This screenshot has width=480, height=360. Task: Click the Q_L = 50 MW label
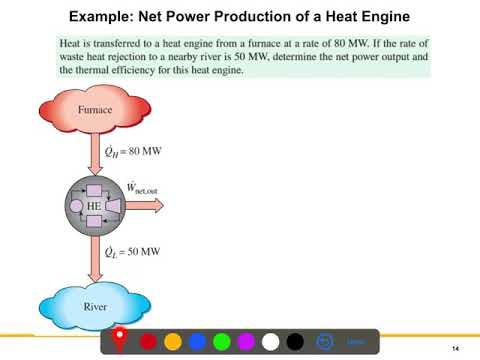[x=133, y=254]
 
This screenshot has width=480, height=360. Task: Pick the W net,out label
[x=142, y=187]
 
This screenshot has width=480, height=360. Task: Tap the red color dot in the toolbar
[x=149, y=342]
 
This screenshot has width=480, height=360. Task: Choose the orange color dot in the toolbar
[x=173, y=342]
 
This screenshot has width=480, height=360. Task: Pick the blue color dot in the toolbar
[x=197, y=342]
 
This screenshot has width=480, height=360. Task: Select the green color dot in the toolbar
[x=221, y=342]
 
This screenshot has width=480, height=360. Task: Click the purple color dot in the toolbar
[x=246, y=342]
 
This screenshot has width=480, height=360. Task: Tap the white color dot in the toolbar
[x=270, y=342]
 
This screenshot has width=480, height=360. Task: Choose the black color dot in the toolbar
[x=294, y=342]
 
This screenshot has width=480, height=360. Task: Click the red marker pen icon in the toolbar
[x=119, y=339]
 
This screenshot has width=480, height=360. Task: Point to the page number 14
[x=455, y=347]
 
